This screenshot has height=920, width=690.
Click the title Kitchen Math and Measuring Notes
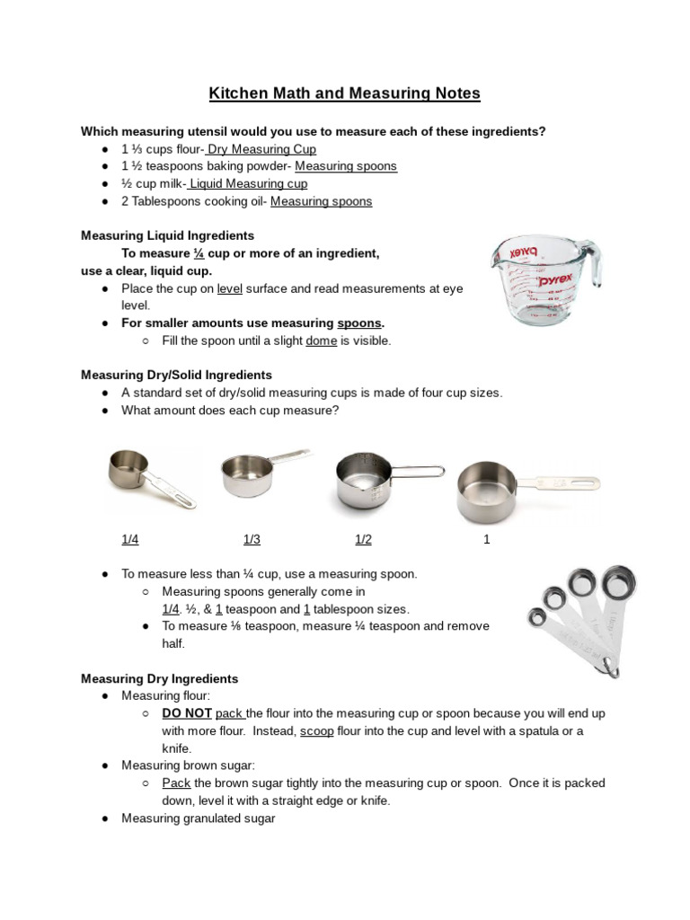(x=345, y=93)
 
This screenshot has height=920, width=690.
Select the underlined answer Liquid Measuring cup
(x=248, y=184)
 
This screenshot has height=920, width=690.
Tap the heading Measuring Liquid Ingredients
(x=167, y=235)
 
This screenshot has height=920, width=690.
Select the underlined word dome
(x=321, y=341)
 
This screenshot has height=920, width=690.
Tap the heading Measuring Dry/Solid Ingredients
(x=176, y=375)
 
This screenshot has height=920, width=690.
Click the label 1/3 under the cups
(x=252, y=540)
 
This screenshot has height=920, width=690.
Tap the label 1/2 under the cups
(x=363, y=540)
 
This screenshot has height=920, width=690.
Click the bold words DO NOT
(x=186, y=713)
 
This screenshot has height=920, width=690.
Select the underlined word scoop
(x=316, y=731)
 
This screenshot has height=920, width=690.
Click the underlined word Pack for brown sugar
(x=176, y=783)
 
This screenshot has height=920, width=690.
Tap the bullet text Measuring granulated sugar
(x=198, y=818)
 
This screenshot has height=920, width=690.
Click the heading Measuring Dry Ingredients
(x=159, y=678)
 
